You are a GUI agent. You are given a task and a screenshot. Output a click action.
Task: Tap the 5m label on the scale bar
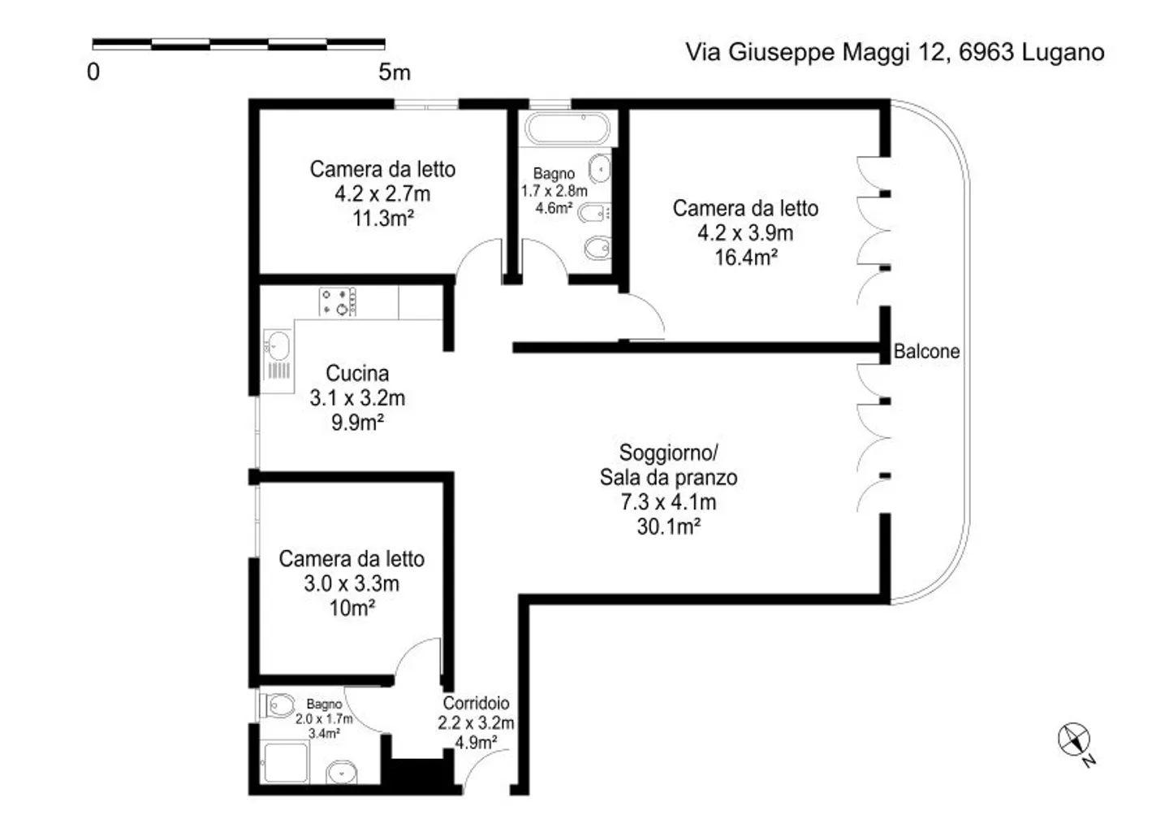pos(395,72)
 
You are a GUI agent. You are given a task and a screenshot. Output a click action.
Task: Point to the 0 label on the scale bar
pos(93,72)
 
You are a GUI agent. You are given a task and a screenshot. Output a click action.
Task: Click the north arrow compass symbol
pos(1074,739)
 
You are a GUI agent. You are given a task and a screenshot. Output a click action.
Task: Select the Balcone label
pos(926,352)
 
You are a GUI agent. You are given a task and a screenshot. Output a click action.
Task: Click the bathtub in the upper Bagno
pos(567,129)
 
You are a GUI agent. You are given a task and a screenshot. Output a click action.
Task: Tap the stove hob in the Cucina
pos(338,301)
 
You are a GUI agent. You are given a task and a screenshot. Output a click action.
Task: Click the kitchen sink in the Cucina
pos(278,346)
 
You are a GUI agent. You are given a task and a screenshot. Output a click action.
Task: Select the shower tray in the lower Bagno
pos(283,763)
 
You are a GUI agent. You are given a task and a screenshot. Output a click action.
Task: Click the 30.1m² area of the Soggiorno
pos(668,527)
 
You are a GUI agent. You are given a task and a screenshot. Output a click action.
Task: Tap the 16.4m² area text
pos(745,258)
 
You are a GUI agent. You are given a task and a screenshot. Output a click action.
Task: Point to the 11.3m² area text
pos(382,219)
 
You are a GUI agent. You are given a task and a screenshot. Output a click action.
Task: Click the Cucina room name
pos(357,374)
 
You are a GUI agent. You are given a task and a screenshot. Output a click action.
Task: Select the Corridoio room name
pos(476,704)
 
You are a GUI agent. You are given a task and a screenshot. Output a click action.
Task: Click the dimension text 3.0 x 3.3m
pos(352,583)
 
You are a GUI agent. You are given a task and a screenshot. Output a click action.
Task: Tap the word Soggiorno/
pos(668,453)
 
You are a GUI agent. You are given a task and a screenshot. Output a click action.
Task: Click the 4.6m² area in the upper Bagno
pos(554,208)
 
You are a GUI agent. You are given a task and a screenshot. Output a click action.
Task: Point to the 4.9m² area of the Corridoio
pos(476,743)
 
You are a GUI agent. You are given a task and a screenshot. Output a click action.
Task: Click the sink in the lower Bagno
pos(342,771)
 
